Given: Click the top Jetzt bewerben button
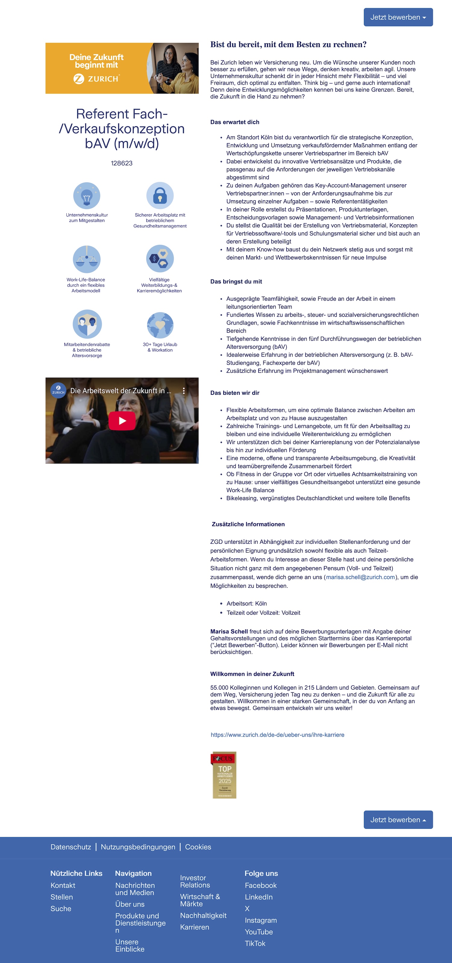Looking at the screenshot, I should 398,17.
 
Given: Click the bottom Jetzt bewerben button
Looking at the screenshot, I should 398,819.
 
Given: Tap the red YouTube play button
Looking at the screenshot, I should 122,421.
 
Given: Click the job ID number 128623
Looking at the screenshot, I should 122,163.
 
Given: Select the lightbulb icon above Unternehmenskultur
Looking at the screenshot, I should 86,195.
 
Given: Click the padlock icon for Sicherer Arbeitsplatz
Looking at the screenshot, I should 160,195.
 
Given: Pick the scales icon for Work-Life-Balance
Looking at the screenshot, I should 86,259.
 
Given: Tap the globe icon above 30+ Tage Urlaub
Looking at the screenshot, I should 160,325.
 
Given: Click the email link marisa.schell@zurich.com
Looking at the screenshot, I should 360,577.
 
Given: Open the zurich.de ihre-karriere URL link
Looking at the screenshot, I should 277,734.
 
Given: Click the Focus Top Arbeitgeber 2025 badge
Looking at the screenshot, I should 224,774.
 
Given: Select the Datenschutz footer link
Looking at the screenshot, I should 71,847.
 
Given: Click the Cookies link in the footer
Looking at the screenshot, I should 198,847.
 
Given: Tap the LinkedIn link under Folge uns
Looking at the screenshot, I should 259,897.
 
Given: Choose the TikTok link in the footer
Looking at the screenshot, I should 255,943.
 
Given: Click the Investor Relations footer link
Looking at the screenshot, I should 195,881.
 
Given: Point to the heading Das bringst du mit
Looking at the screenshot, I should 236,282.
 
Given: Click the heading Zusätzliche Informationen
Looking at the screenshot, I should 248,524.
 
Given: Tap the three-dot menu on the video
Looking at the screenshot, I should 184,391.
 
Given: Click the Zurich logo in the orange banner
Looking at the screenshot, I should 96,79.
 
